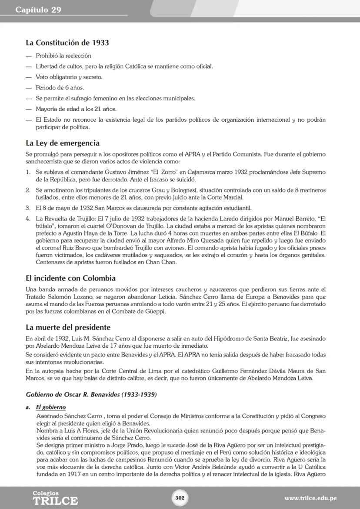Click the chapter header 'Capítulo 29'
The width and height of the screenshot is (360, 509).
coord(38,10)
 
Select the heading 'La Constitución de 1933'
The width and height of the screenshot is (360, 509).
coord(67,43)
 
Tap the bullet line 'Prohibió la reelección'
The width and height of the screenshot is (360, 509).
coord(63,56)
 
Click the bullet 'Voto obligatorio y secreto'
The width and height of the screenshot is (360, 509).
coord(69,77)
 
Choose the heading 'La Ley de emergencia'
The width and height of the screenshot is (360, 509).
coord(63,143)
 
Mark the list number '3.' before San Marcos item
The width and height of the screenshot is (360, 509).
coord(28,208)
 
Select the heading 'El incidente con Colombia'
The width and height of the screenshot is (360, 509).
coord(70,278)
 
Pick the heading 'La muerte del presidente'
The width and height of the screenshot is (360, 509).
coord(68,327)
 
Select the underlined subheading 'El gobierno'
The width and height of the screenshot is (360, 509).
coord(50,407)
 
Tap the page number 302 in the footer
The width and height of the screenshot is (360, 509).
coord(180,497)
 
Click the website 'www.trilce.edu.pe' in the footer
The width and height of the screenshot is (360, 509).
coord(310,498)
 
